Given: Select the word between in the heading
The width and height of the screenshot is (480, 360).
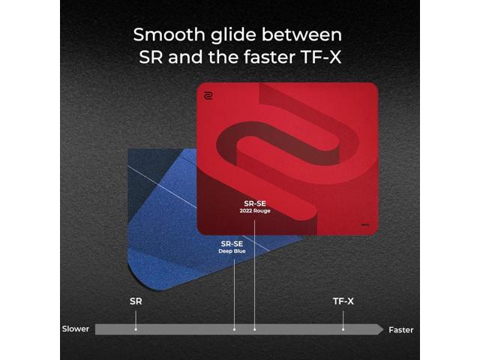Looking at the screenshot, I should (x=304, y=34).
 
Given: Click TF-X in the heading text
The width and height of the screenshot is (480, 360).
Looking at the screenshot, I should (x=322, y=56).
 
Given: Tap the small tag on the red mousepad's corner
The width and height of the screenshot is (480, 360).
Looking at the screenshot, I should (x=364, y=223).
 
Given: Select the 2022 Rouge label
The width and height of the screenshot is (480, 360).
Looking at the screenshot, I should (x=254, y=210).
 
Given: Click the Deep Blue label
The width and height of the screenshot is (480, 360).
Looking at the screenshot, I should (x=232, y=250).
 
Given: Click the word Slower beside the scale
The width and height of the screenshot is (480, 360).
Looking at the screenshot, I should (x=76, y=329).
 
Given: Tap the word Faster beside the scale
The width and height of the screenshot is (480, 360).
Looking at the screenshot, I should (x=400, y=329).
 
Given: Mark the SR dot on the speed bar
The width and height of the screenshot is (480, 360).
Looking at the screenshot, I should (x=136, y=328).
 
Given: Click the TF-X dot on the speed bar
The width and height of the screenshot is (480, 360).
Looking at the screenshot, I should (x=343, y=328).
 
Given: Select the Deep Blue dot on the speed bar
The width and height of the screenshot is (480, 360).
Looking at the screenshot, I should (x=235, y=328).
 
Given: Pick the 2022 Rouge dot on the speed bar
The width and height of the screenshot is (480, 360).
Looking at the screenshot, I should (x=254, y=328).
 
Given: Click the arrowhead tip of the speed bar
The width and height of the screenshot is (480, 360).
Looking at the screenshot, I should (x=382, y=328).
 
